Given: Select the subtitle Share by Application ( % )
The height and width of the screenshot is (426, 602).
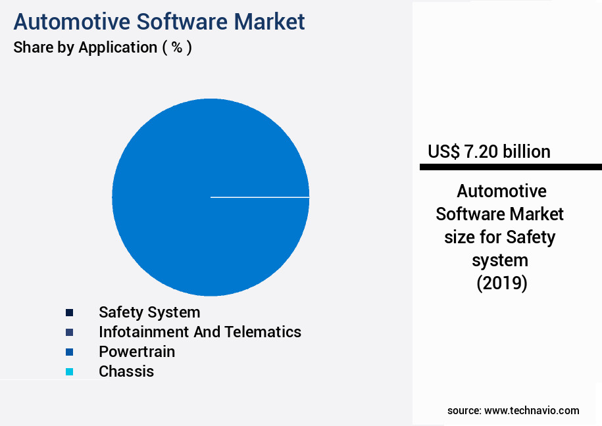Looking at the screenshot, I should point(103,47).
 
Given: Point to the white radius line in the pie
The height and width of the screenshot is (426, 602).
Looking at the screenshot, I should point(260,197).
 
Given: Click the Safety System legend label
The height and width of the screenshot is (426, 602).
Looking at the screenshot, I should point(149,312).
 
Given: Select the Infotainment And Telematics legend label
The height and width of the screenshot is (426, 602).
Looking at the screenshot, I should point(200,331).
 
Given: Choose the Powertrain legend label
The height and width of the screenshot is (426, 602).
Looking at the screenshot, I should point(137,351).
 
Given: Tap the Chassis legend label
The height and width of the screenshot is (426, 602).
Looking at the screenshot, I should point(126,371).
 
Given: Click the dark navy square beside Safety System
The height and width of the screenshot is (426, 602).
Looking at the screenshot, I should point(69,312).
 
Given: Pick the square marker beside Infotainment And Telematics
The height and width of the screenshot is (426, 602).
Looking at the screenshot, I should point(69,332).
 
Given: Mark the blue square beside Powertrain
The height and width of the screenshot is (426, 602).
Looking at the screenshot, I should point(69,352).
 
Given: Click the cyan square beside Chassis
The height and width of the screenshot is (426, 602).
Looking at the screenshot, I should point(69,371).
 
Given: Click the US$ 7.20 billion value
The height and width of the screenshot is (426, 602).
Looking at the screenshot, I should point(489,151).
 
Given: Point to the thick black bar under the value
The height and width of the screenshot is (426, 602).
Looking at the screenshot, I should point(511,168).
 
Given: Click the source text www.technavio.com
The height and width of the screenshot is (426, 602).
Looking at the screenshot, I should point(532,410).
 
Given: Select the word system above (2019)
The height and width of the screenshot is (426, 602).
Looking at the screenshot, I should point(501,260).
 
